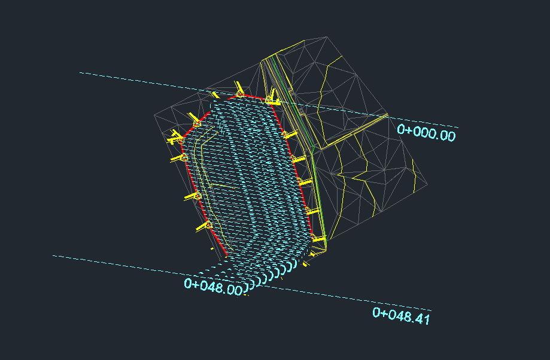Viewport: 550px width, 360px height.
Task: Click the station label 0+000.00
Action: pyautogui.click(x=426, y=133)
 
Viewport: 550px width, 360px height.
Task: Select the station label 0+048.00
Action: pyautogui.click(x=213, y=286)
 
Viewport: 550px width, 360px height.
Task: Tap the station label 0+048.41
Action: pyautogui.click(x=401, y=316)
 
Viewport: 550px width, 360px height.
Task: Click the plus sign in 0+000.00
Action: pyautogui.click(x=408, y=130)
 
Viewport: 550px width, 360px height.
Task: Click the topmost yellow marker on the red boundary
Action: pyautogui.click(x=239, y=89)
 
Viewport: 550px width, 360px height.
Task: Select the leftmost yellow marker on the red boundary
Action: pyautogui.click(x=175, y=138)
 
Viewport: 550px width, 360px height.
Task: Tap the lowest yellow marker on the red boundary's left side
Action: pyautogui.click(x=204, y=227)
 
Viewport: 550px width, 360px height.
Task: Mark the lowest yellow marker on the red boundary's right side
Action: pyautogui.click(x=319, y=239)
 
